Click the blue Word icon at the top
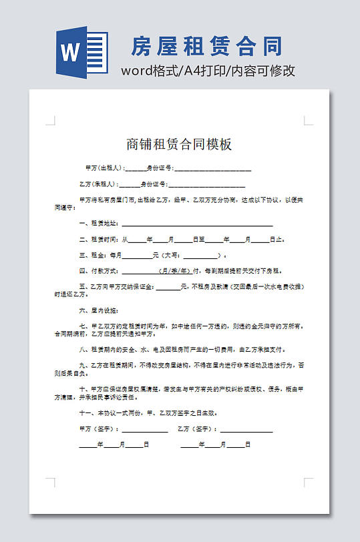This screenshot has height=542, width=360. click(82, 52)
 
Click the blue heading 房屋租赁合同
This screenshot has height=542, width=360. click(206, 46)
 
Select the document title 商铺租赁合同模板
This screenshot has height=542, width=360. click(179, 144)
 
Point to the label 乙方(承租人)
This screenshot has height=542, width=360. click(98, 184)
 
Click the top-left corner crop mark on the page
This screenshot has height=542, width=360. click(51, 121)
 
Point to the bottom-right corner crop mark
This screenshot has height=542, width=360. click(308, 481)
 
